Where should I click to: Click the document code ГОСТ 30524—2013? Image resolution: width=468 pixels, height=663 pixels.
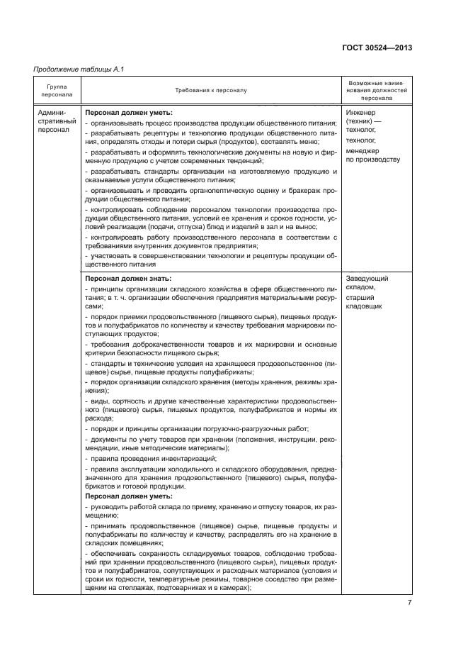point(377,48)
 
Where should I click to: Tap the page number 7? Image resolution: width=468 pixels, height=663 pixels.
point(409,603)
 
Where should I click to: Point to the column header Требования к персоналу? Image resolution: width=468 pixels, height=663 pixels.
point(211,91)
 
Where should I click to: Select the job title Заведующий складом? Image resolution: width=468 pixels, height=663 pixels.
point(367,283)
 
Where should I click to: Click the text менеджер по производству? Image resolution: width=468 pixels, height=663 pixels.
point(372,155)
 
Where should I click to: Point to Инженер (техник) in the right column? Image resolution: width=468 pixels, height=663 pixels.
point(364,118)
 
